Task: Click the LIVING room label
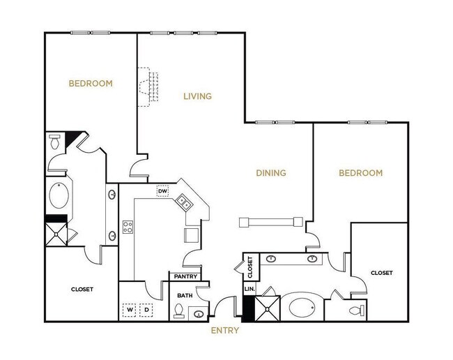pyautogui.click(x=197, y=96)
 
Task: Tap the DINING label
pyautogui.click(x=272, y=173)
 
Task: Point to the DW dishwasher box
pyautogui.click(x=163, y=190)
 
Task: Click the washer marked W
pyautogui.click(x=130, y=309)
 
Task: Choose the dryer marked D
pyautogui.click(x=147, y=309)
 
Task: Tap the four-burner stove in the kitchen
pyautogui.click(x=128, y=226)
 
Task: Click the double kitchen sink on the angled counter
pyautogui.click(x=185, y=203)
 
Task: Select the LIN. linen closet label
pyautogui.click(x=248, y=288)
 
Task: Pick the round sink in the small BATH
pyautogui.click(x=199, y=312)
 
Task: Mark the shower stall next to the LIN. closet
pyautogui.click(x=266, y=307)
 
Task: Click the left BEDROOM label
pyautogui.click(x=91, y=84)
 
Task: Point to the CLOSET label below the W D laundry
pyautogui.click(x=82, y=289)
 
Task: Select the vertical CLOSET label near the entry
pyautogui.click(x=250, y=265)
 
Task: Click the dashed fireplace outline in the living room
pyautogui.click(x=147, y=87)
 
